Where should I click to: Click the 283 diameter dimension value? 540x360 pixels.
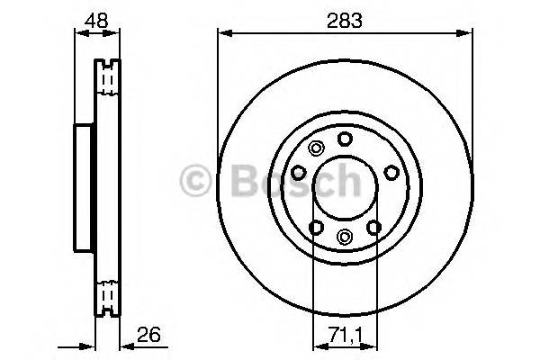(x=345, y=20)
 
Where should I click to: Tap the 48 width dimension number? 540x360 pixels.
(x=95, y=20)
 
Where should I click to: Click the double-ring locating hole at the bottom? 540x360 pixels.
(x=345, y=236)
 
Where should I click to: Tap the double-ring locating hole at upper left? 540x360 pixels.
(x=314, y=149)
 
